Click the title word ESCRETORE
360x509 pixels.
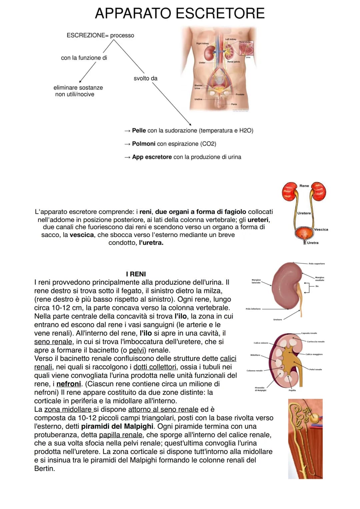220,13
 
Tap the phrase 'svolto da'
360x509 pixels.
145,78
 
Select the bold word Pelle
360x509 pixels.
139,130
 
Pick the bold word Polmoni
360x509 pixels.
144,144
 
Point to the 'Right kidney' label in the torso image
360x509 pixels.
202,44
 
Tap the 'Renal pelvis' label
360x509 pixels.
233,62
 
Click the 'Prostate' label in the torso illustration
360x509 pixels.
240,94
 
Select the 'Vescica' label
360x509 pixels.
321,229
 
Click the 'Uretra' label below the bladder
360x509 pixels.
312,243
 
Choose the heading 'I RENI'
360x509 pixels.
136,274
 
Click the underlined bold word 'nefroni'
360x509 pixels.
69,384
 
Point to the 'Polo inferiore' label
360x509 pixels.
253,309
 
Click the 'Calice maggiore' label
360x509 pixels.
314,354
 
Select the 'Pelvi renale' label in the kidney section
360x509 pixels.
315,369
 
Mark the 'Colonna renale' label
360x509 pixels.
254,371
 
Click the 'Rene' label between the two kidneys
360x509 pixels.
304,186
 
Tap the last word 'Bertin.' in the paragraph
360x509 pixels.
44,468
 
